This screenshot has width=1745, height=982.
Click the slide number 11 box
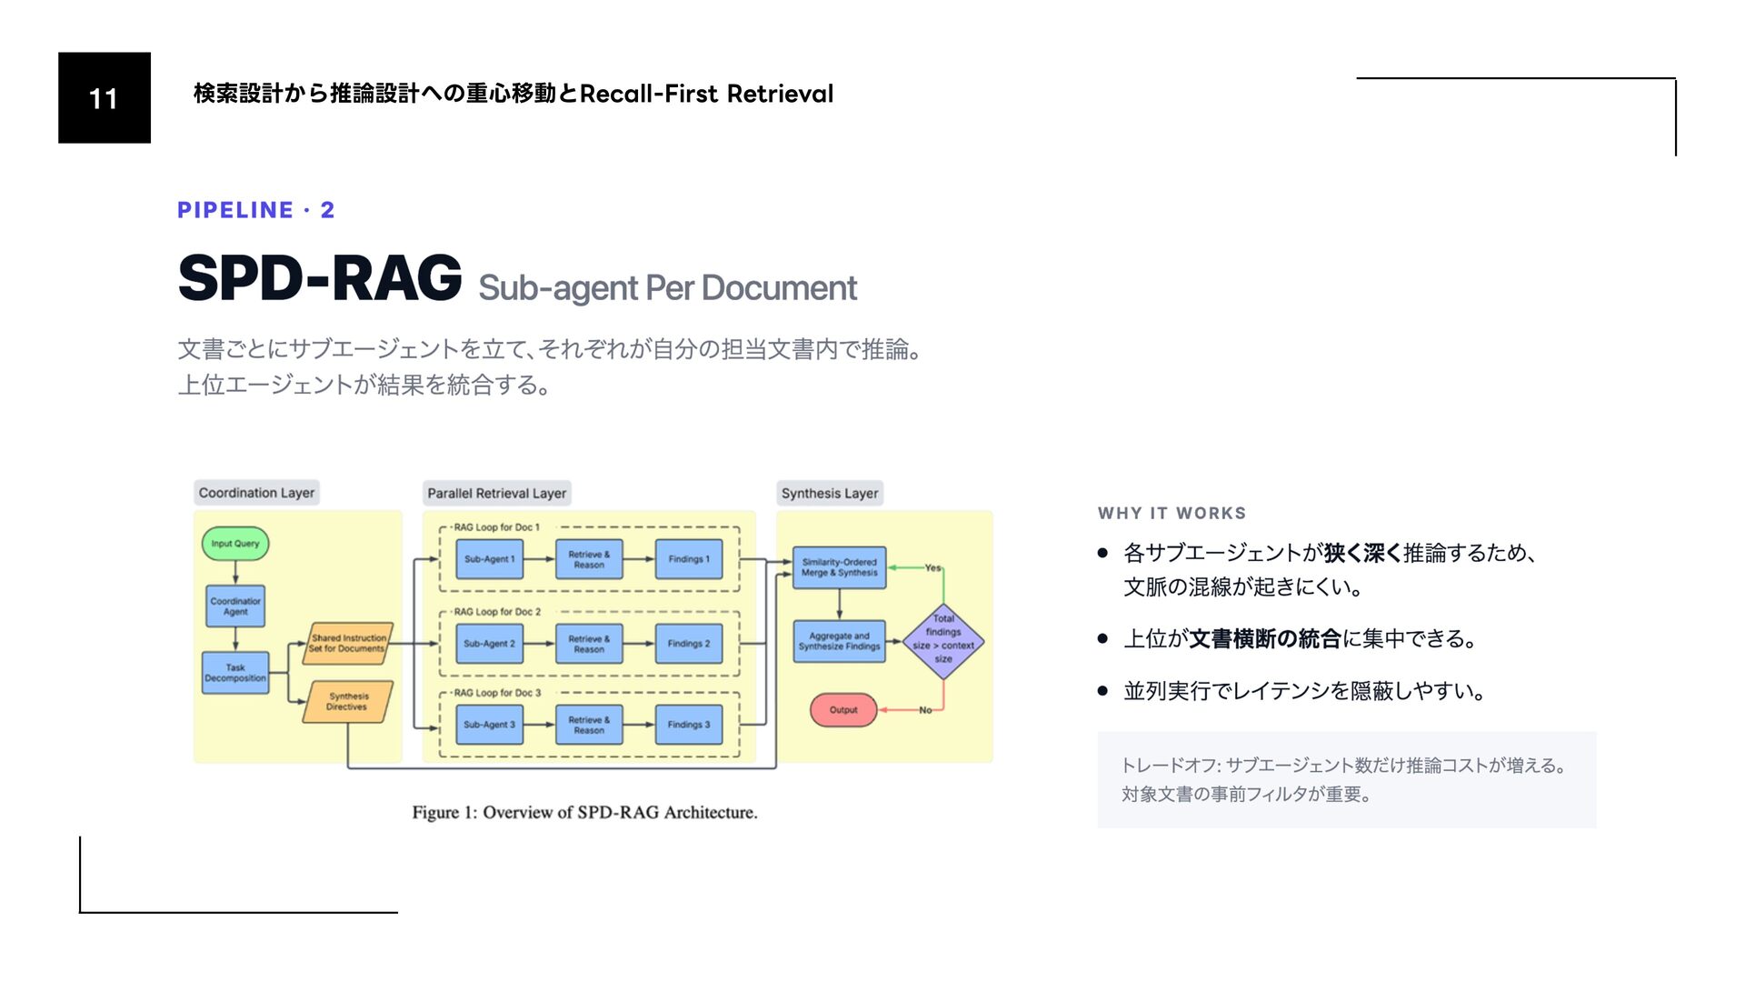[x=104, y=97]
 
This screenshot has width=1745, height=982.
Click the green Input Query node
[x=234, y=544]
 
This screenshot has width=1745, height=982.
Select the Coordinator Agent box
[x=235, y=606]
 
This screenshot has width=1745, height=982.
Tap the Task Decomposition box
[x=235, y=673]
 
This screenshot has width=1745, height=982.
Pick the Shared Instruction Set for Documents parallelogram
[x=348, y=644]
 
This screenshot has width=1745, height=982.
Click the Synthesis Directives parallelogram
[x=347, y=701]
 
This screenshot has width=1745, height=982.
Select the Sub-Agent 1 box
[x=489, y=559]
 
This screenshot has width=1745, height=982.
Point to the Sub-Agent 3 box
[x=489, y=725]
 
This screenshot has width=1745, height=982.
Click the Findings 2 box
[x=689, y=644]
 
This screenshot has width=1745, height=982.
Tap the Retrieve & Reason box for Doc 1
[x=589, y=559]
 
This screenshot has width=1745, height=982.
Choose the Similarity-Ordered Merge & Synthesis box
[x=839, y=567]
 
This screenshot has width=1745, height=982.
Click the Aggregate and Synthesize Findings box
[x=839, y=641]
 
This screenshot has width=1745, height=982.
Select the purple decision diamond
[x=943, y=641]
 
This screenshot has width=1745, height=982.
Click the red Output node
[x=843, y=710]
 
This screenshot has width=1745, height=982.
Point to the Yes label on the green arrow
[x=932, y=567]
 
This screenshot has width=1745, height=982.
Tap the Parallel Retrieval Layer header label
[x=496, y=493]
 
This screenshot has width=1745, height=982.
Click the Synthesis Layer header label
[x=830, y=493]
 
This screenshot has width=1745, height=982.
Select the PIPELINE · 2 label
[x=256, y=210]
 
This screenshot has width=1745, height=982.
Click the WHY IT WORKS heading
[x=1172, y=513]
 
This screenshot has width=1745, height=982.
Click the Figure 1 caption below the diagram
[x=584, y=812]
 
